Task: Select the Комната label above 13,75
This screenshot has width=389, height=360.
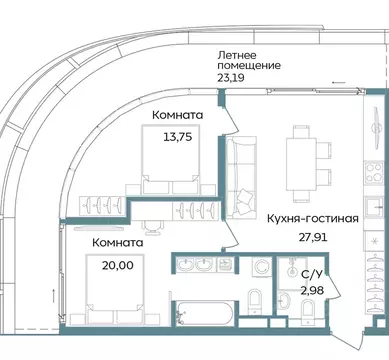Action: [x=179, y=115]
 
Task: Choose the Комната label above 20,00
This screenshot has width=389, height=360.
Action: [x=117, y=242]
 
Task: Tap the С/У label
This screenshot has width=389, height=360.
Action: [x=313, y=272]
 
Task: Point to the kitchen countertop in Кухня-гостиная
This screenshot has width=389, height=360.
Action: [x=372, y=180]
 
